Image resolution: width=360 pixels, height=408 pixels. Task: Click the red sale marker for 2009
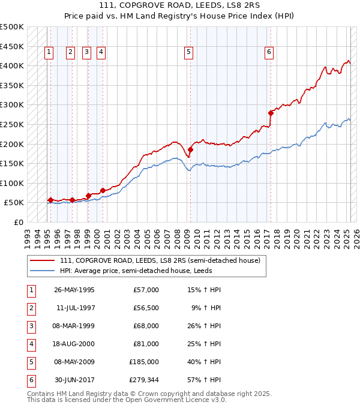coord(190,149)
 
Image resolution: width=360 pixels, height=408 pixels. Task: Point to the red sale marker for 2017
coord(271,112)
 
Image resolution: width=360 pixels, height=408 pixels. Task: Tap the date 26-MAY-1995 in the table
coord(74,290)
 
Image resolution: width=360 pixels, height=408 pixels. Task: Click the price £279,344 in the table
coord(143,380)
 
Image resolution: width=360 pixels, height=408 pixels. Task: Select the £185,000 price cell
coord(143,362)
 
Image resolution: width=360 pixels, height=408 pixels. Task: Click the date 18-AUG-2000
coord(74,344)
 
